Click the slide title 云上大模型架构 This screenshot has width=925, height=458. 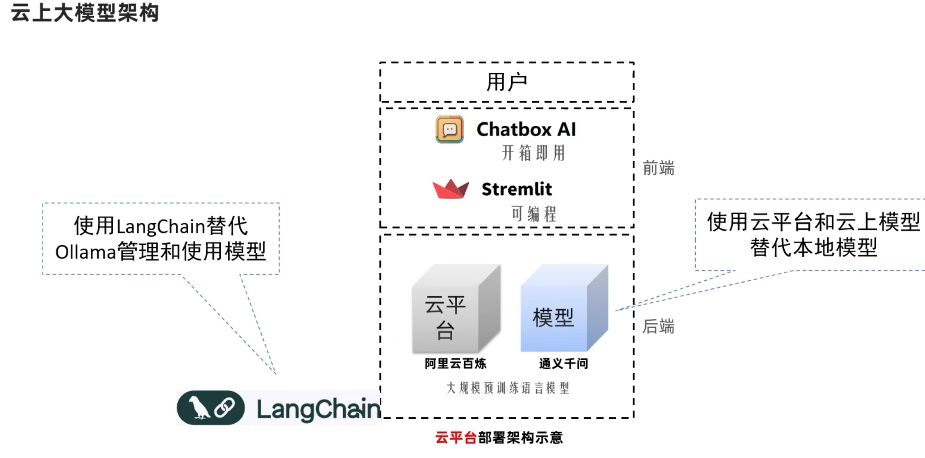pos(85,12)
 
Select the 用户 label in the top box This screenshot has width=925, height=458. pos(507,83)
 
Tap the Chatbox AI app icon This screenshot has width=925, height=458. pos(450,129)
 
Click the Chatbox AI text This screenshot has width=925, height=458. pos(526,129)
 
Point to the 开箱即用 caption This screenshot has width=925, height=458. pos(534,153)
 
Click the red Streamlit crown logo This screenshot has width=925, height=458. pos(450,189)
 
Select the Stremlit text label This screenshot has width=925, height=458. pos(517,189)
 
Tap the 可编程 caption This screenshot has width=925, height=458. pos(534,214)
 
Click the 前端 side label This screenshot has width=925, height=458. pos(658,168)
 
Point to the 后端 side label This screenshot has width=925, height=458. pos(658,326)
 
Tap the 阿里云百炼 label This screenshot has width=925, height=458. pos(455,364)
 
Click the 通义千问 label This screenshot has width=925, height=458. pos(563,364)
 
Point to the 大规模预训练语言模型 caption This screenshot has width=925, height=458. pos(508,388)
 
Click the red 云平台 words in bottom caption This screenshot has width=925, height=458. pos(456,437)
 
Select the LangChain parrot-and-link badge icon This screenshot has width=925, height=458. pos(211,408)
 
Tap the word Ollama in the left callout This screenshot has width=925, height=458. pos(85,252)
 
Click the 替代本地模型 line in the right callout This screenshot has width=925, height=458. pos(813,248)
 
